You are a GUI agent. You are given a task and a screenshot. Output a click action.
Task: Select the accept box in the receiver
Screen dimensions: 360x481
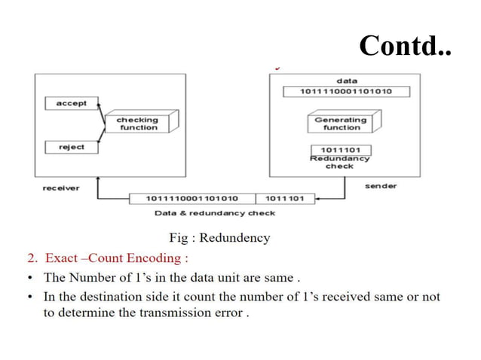72,103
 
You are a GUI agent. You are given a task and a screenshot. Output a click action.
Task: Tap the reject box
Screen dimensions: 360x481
72,147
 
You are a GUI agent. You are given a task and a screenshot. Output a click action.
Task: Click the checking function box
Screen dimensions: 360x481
137,124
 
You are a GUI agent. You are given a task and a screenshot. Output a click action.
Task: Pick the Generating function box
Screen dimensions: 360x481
342,124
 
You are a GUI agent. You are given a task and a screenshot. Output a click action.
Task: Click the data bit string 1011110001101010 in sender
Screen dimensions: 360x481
346,92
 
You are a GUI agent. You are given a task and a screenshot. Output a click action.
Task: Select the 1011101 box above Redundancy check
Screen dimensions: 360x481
340,150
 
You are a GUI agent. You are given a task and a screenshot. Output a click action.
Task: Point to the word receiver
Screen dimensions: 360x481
61,188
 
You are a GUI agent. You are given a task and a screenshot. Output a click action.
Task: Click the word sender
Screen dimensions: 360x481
381,185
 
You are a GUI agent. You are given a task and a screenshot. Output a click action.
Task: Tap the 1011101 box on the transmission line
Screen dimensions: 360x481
286,199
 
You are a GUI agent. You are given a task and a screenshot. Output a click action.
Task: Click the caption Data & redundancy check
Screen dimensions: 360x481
215,213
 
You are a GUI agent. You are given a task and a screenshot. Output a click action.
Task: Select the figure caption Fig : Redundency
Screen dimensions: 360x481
219,238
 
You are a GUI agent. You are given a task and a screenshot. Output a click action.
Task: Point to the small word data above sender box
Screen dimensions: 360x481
347,81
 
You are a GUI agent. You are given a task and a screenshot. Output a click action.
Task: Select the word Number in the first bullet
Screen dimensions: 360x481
90,278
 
